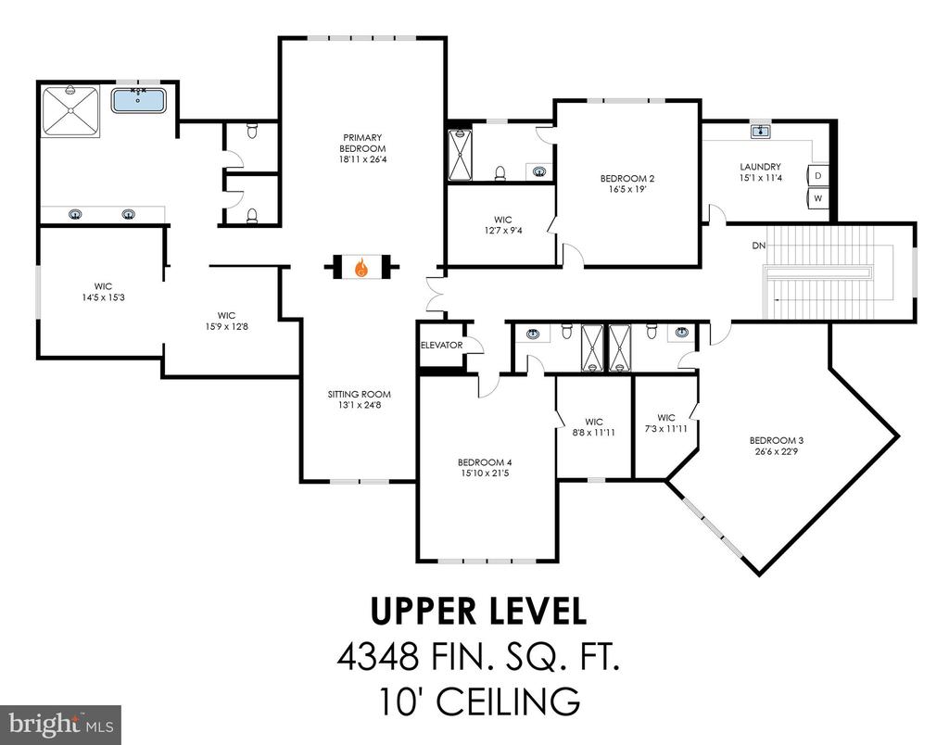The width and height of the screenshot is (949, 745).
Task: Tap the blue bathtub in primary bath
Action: (139, 100)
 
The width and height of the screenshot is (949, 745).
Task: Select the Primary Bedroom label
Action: (362, 143)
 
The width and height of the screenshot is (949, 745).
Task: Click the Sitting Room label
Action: (360, 394)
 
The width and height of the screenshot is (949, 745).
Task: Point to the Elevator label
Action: (442, 345)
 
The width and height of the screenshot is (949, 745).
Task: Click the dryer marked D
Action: (818, 176)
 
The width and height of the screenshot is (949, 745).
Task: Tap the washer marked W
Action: (818, 198)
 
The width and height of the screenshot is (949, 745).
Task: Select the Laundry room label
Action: (760, 167)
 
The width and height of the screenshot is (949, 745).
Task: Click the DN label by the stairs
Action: (759, 246)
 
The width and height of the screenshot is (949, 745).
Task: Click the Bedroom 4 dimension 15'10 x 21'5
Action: (483, 474)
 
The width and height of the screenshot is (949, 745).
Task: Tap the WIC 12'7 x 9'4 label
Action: (502, 224)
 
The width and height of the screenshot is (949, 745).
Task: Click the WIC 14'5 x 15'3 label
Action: (103, 292)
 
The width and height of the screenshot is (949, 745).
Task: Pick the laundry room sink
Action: (760, 132)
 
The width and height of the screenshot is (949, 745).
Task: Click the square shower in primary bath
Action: (70, 111)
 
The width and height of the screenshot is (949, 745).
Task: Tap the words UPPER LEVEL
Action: (478, 612)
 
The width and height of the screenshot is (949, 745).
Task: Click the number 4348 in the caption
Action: (378, 657)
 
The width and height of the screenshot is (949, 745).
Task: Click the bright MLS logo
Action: (60, 725)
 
